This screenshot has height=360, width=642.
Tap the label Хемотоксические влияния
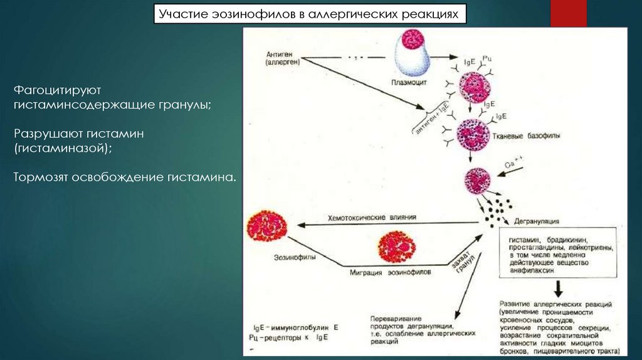372,217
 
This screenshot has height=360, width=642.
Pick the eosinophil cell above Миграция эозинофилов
397,246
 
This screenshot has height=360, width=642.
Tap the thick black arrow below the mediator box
557,288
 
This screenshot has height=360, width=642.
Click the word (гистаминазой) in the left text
63,148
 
